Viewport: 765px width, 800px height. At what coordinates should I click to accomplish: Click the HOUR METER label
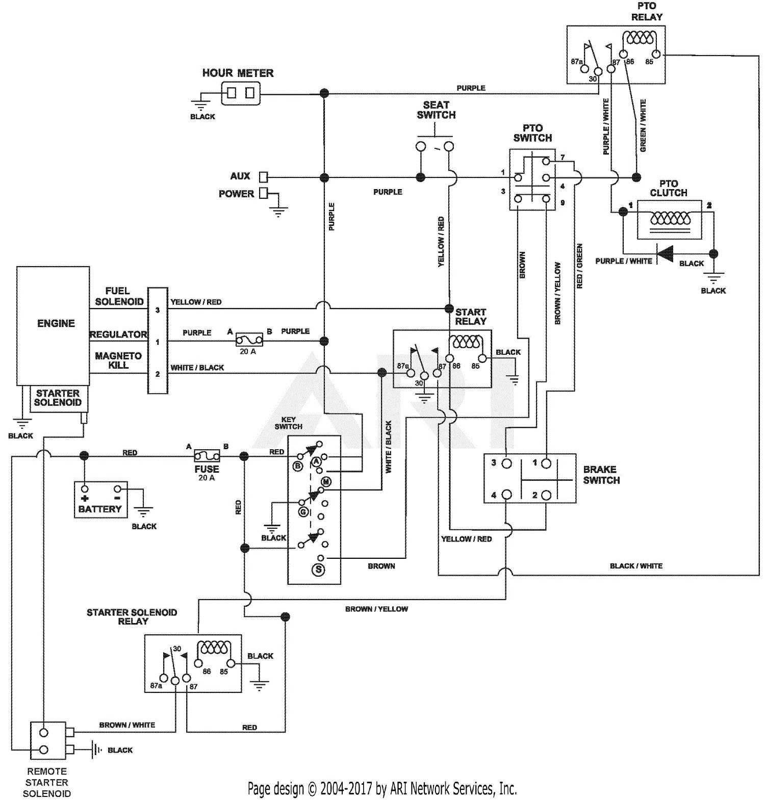(238, 73)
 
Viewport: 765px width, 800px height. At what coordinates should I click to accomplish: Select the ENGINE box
(53, 326)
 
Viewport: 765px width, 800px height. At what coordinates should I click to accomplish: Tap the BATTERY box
(101, 500)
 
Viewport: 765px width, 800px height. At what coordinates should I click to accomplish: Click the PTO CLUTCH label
(669, 188)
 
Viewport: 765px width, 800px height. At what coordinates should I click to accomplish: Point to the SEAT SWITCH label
(436, 110)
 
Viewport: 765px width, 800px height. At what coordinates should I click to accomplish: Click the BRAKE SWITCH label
(601, 475)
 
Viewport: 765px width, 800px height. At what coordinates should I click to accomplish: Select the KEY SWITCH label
(289, 423)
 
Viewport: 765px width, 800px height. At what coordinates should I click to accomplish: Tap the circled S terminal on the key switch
(319, 569)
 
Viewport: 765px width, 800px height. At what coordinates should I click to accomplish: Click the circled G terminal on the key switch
(303, 511)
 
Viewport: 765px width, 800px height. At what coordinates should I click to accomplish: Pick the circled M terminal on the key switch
(326, 482)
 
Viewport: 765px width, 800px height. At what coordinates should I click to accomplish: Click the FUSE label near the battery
(207, 469)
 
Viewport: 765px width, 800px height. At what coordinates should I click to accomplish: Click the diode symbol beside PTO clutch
(665, 253)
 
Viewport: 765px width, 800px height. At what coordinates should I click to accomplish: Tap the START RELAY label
(470, 317)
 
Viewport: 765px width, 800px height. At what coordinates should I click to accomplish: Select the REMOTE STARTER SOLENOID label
(47, 782)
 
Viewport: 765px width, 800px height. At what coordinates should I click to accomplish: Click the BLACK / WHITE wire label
(636, 566)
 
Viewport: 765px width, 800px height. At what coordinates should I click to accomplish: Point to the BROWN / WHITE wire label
(127, 725)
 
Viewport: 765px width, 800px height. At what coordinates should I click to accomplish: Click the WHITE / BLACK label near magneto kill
(197, 368)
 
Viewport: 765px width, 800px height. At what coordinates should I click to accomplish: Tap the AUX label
(240, 176)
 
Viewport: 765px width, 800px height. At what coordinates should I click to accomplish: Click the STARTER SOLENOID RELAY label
(132, 617)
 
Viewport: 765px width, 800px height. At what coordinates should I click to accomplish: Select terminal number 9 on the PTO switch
(563, 203)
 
